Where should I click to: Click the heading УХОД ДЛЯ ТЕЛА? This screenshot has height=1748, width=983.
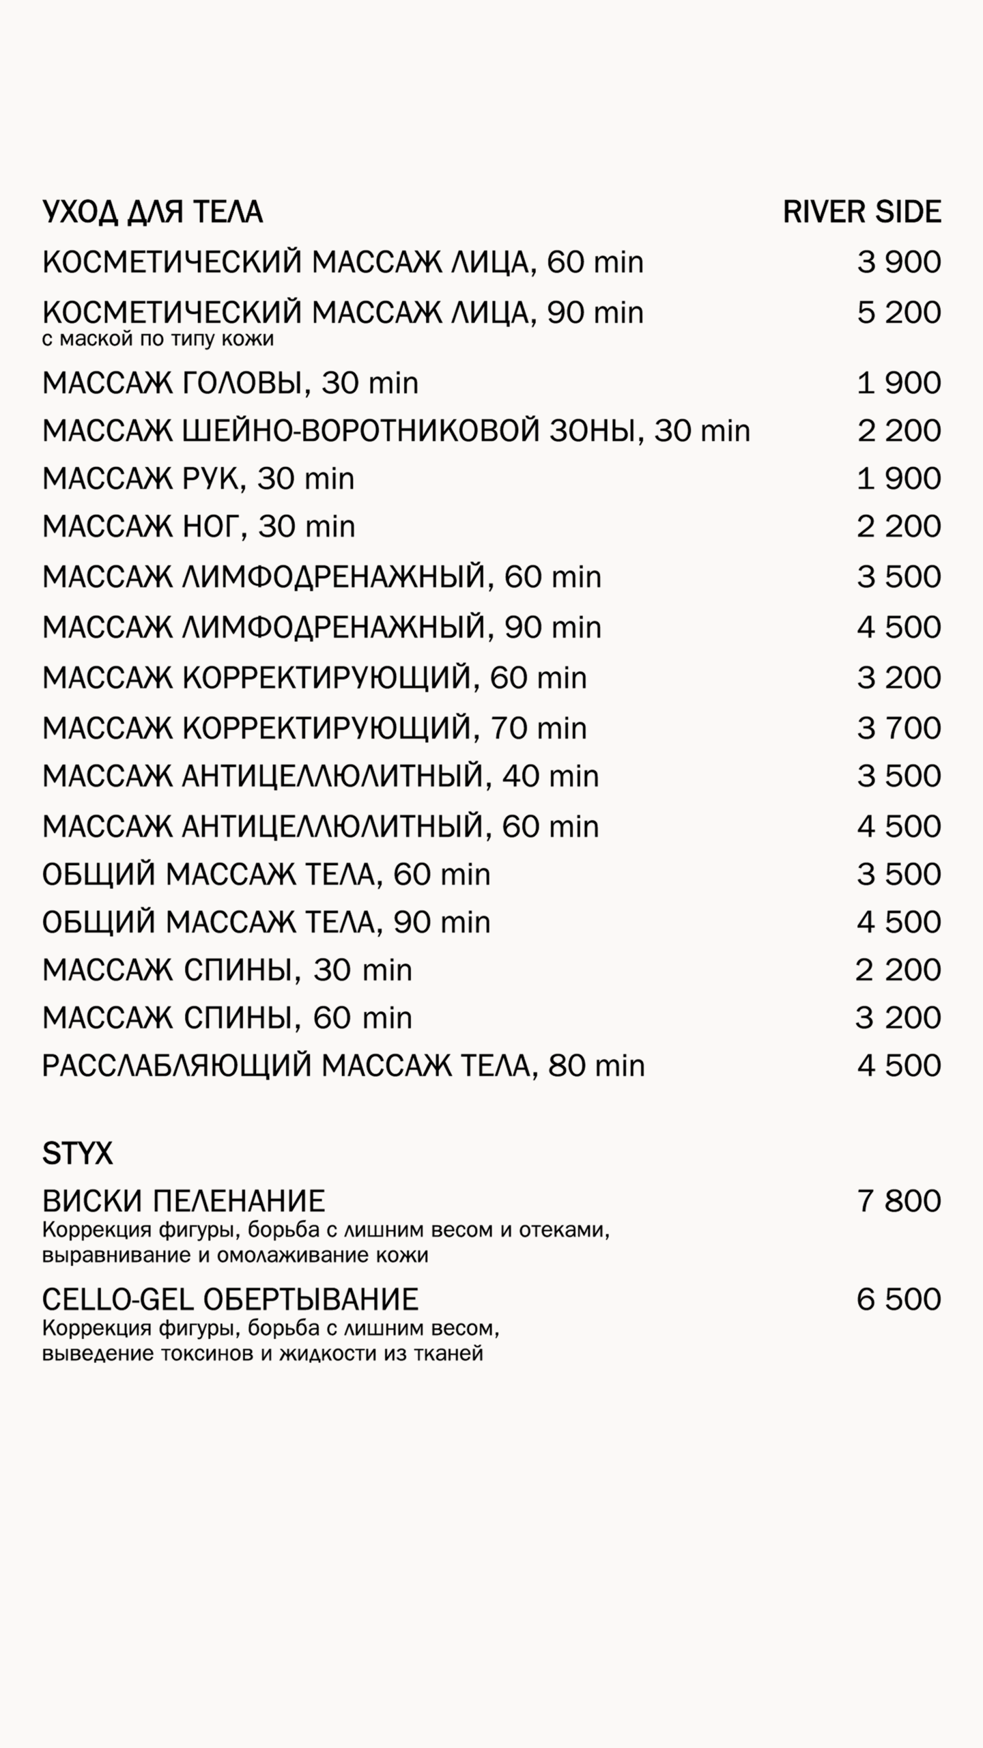point(152,212)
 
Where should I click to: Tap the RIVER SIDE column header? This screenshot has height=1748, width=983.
point(861,212)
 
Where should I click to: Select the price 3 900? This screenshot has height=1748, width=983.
point(898,262)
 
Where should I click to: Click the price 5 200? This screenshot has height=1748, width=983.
point(898,313)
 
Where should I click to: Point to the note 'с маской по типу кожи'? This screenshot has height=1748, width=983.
point(158,339)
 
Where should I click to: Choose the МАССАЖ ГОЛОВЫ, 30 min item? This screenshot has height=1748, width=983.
point(230,383)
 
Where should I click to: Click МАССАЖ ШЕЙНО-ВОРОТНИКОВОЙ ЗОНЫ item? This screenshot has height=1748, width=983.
point(396,431)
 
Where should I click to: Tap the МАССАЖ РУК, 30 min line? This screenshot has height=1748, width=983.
point(198,479)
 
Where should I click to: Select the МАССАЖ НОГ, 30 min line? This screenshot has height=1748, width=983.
point(199,526)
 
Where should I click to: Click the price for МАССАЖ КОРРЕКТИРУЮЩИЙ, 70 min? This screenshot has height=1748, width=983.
point(898,728)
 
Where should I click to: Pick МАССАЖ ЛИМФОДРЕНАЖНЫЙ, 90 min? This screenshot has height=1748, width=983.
point(322,628)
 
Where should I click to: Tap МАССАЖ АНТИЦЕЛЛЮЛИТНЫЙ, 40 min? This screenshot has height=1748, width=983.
point(320,776)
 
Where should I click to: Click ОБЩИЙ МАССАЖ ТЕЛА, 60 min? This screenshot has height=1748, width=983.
point(266,875)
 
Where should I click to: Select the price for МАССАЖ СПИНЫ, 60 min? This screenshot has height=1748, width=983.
point(898,1018)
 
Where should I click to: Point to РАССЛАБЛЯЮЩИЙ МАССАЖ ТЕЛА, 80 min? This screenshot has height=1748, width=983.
point(343,1066)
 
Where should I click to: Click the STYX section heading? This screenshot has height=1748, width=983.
point(77,1155)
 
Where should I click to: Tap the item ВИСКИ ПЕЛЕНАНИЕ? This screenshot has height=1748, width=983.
point(184,1201)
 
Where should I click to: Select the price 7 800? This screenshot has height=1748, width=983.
point(898,1201)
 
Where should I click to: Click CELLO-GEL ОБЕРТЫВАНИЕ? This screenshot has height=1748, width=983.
point(230,1299)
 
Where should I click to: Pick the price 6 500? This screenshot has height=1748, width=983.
point(898,1299)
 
